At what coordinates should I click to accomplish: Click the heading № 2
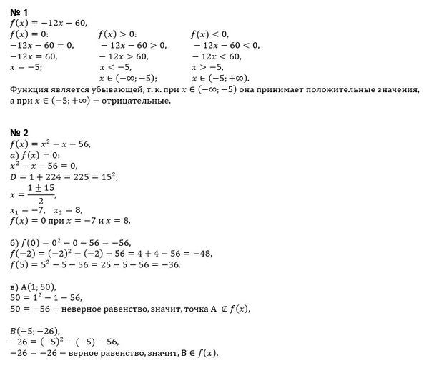coord(20,133)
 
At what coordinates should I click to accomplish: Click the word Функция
coord(33,89)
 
